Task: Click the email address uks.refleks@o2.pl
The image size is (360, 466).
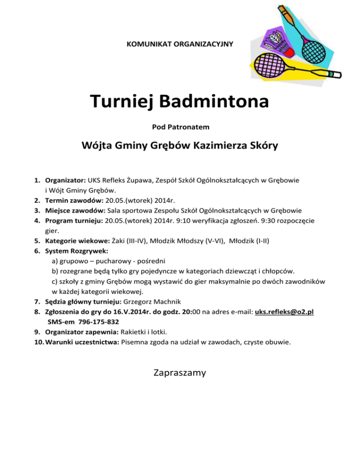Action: coord(284,311)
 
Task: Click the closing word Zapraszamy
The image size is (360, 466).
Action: coord(180,373)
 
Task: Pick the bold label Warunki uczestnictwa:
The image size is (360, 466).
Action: coord(82,342)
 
